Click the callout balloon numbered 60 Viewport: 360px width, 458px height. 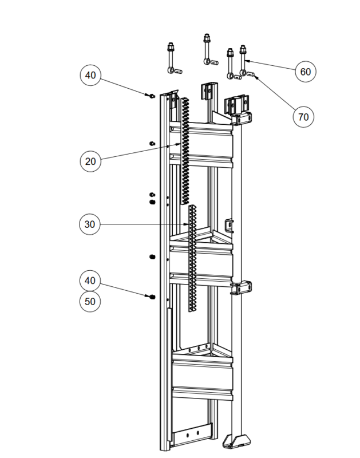click(306, 72)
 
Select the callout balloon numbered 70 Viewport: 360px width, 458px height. click(303, 117)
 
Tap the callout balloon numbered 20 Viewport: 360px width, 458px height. click(90, 161)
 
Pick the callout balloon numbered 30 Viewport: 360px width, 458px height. click(90, 224)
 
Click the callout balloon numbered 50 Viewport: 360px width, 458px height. click(90, 302)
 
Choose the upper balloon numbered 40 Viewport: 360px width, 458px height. click(90, 75)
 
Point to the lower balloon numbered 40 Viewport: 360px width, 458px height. click(90, 281)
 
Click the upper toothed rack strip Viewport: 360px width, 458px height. click(185, 151)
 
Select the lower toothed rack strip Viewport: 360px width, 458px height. click(192, 259)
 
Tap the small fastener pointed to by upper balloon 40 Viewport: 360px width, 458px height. click(152, 96)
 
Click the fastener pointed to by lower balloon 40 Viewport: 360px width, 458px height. click(152, 297)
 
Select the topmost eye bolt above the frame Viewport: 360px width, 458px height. click(207, 49)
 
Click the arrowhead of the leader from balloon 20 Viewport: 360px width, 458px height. click(179, 144)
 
